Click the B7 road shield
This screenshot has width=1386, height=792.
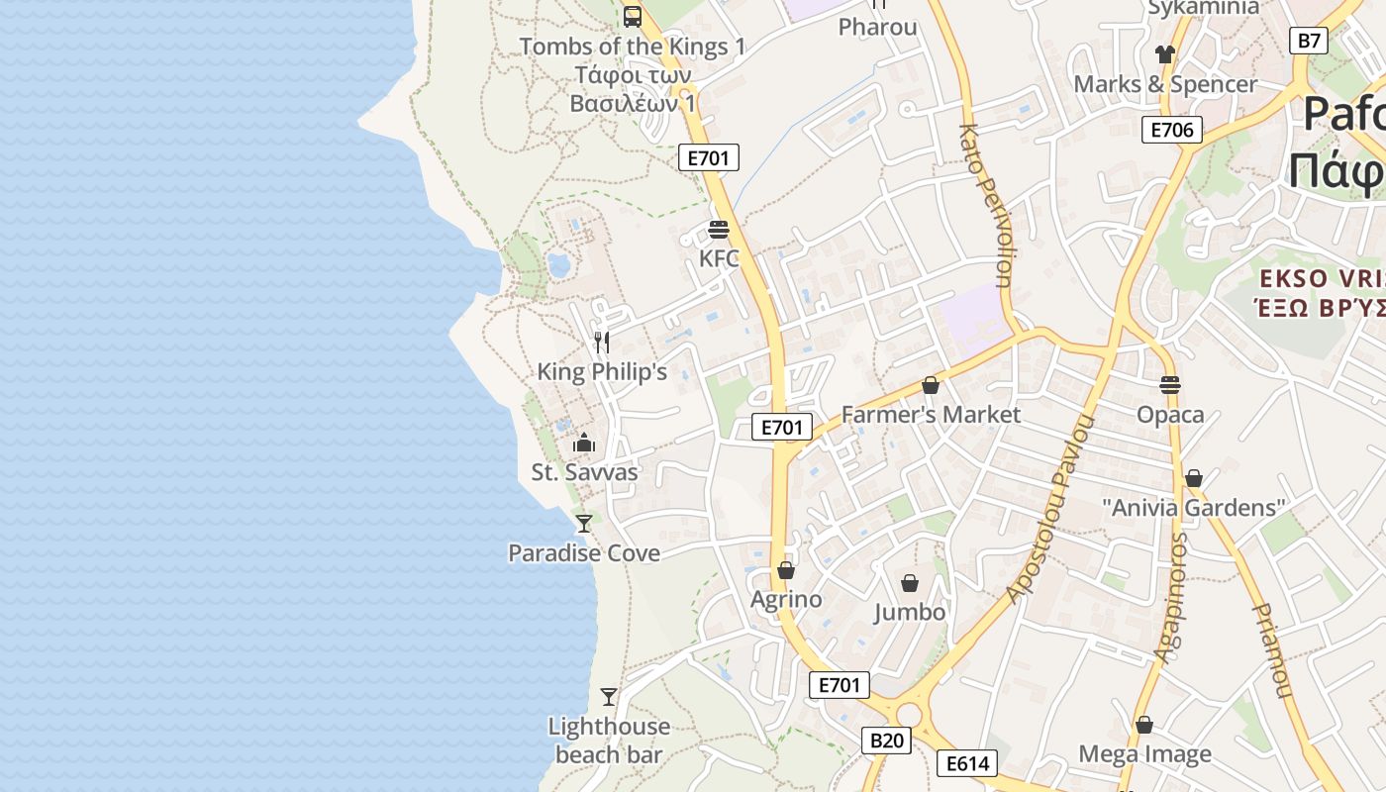tap(1309, 41)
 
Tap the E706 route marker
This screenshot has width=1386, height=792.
tap(1172, 130)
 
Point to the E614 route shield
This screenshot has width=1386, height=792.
tap(967, 763)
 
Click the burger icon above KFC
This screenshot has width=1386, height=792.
tap(719, 230)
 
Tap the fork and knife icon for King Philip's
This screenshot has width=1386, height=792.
tap(601, 343)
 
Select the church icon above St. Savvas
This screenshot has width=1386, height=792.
tap(584, 443)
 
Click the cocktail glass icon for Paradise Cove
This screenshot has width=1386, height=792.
tap(584, 523)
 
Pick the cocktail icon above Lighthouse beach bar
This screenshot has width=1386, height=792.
tap(609, 697)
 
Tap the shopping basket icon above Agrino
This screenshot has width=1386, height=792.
tap(786, 570)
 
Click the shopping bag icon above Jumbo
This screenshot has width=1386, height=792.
tap(910, 583)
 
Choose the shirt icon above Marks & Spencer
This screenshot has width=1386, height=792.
tap(1164, 53)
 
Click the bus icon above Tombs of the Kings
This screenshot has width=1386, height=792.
tap(632, 16)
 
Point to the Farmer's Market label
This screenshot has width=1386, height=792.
tap(931, 414)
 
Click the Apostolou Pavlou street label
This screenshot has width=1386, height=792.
tap(1050, 509)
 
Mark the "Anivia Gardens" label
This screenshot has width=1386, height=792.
tap(1193, 508)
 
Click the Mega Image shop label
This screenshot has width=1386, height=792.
tap(1144, 754)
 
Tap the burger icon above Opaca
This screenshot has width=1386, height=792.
tap(1170, 384)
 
